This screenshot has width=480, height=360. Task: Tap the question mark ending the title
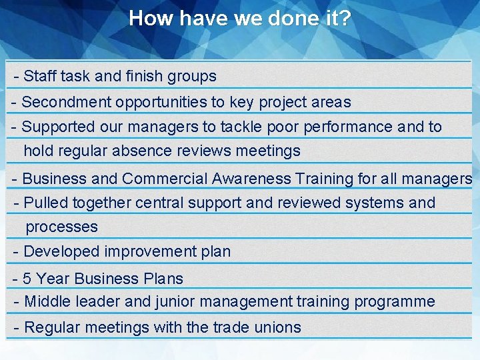(345, 18)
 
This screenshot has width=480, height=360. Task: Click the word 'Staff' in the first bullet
(39, 76)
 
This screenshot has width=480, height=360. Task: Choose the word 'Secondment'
(66, 102)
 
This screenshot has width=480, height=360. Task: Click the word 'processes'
(61, 227)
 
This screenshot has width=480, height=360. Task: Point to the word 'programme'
(395, 301)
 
